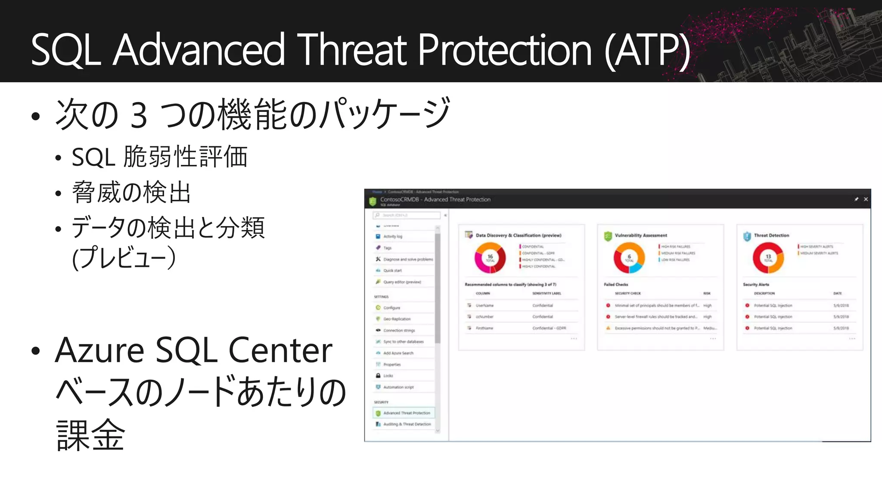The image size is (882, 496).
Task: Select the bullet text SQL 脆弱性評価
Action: point(159,157)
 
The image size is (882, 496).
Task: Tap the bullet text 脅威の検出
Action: point(131,192)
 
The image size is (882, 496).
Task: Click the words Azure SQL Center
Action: point(194,350)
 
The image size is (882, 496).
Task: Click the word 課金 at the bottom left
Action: point(90,435)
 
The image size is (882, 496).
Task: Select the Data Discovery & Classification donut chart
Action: point(490,257)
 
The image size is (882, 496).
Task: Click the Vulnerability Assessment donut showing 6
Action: point(629,257)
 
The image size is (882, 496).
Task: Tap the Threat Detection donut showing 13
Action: point(768,257)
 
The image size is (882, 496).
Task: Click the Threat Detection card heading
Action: point(771,236)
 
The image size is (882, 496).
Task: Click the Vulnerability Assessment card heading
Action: point(641,236)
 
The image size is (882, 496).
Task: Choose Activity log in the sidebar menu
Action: point(392,236)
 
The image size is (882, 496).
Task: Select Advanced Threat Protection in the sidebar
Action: point(406,413)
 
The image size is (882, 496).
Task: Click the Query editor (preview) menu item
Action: point(402,282)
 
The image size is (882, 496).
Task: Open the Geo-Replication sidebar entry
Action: point(397,319)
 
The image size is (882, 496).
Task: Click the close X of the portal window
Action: point(866,199)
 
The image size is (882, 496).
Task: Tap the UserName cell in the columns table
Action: point(484,305)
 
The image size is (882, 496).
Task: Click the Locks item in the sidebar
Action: point(388,376)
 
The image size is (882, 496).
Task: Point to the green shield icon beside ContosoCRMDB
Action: point(373,201)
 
